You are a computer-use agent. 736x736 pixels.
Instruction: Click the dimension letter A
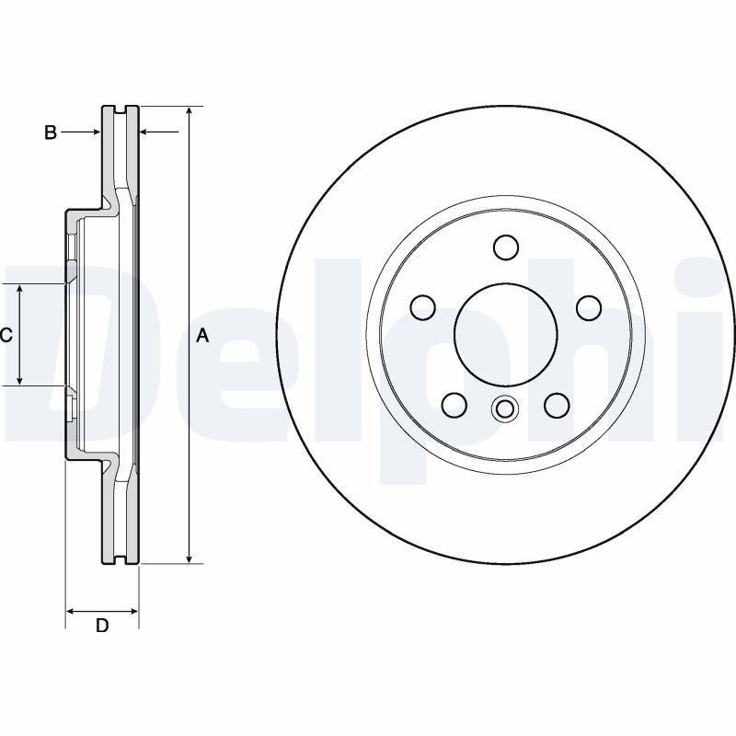tap(203, 336)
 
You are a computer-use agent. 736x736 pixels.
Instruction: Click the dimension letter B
tap(51, 132)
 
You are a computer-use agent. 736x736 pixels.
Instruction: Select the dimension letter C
tap(6, 335)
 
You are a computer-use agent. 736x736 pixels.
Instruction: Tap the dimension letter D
tap(102, 626)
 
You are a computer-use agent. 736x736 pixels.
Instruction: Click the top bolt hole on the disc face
tap(505, 247)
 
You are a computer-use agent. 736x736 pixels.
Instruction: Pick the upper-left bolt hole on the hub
tap(423, 306)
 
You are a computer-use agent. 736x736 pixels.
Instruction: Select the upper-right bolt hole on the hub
tap(587, 306)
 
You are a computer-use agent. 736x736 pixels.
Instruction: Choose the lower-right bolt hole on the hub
tap(556, 403)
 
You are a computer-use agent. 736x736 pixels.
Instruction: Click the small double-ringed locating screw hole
tap(505, 408)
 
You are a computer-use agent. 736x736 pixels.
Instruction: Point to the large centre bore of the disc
tap(505, 332)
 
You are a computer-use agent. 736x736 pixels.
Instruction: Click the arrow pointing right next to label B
tap(95, 132)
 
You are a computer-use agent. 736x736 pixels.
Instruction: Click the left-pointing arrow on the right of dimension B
tap(144, 132)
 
